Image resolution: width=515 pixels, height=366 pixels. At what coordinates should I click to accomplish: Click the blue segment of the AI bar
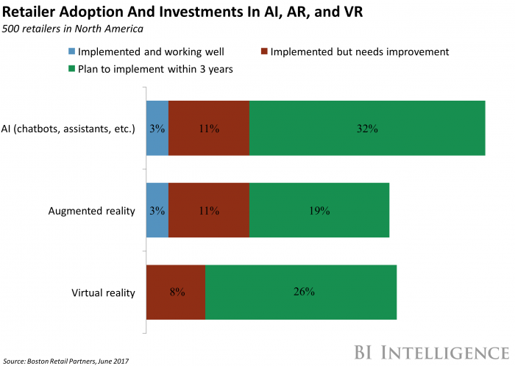click(157, 128)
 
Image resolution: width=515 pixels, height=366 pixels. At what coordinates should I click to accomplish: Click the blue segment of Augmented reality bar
click(157, 210)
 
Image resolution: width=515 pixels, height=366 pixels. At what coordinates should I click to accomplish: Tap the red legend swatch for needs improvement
click(263, 52)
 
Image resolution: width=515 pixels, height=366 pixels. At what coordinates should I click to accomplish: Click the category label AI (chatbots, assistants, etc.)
click(79, 129)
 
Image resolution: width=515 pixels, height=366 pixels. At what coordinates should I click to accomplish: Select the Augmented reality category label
click(92, 211)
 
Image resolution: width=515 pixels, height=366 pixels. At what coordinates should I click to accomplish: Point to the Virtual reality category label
click(104, 293)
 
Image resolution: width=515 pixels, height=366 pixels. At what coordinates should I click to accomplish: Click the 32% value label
click(367, 129)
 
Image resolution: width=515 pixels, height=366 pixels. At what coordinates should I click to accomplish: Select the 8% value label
click(177, 293)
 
